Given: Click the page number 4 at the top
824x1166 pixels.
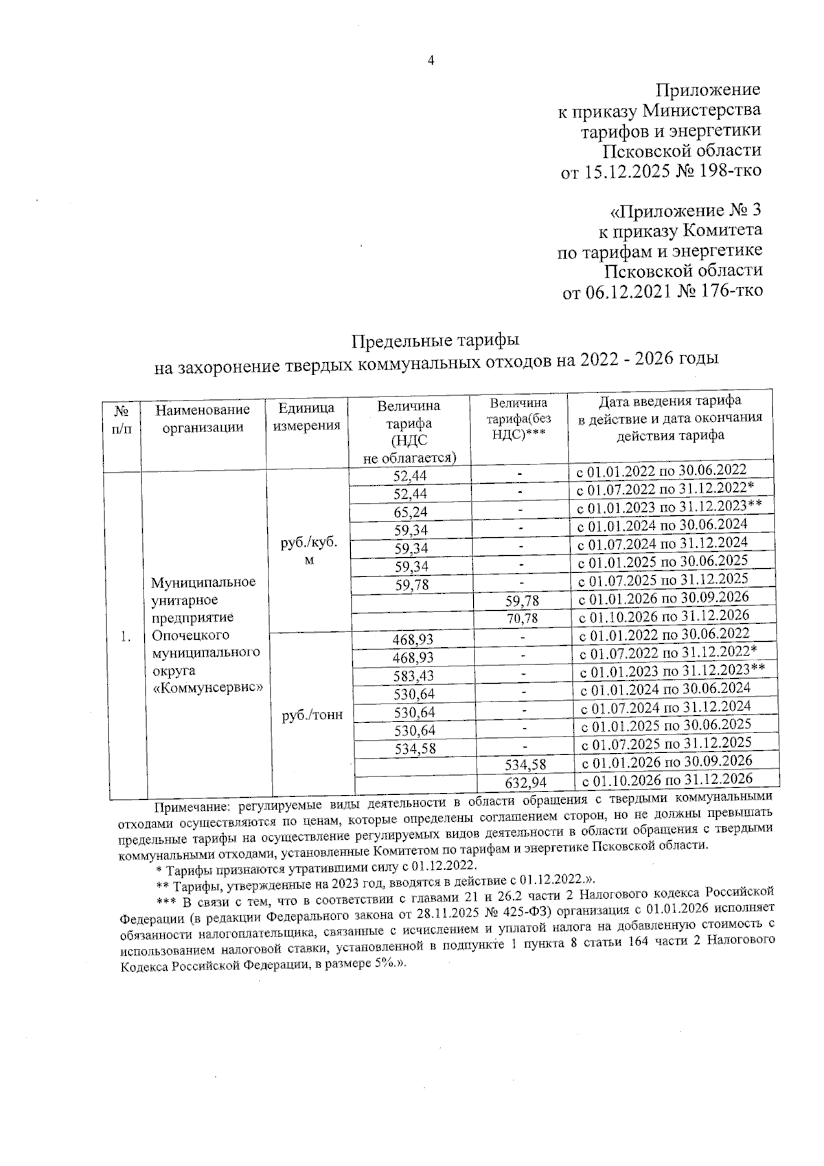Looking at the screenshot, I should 431,60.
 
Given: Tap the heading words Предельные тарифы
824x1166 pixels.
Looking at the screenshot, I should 435,340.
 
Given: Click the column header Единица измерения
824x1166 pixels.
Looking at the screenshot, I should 307,417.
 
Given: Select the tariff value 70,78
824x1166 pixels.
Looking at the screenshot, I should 521,618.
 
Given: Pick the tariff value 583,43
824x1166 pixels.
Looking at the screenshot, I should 414,677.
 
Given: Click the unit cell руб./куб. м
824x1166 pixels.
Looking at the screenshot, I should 309,550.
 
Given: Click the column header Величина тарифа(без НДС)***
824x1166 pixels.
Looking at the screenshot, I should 519,418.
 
